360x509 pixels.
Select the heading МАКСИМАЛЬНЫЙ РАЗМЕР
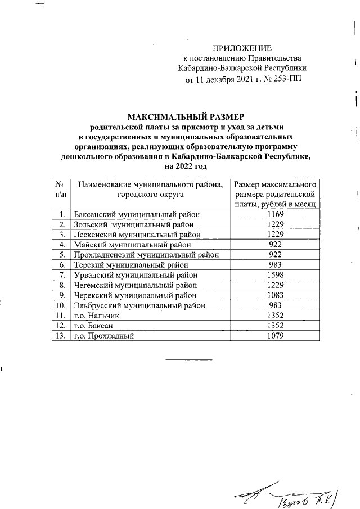tap(185, 117)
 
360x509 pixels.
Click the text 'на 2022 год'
tap(185, 166)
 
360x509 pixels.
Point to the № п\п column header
tap(58, 193)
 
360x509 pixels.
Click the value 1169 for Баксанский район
tap(276, 214)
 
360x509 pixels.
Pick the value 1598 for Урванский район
tap(276, 274)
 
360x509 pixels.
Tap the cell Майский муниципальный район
tap(132, 245)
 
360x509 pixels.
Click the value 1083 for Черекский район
tap(276, 295)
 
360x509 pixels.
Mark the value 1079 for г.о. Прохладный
tap(276, 335)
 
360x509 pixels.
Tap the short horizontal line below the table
tap(188, 359)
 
